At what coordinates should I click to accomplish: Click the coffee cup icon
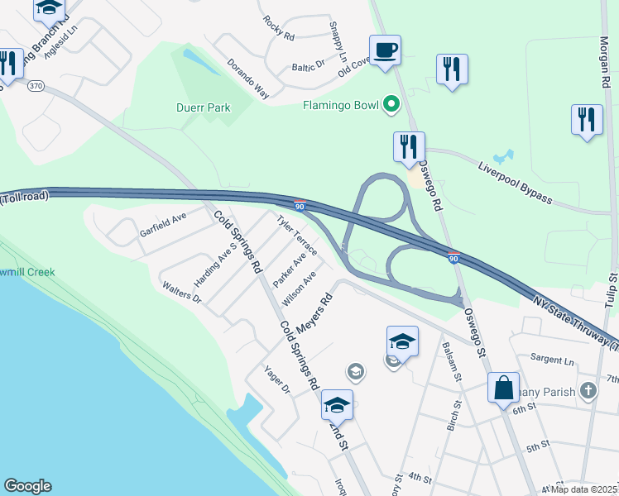click(x=385, y=50)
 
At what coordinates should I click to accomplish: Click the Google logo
click(x=27, y=486)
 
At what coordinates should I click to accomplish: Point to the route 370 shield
click(x=36, y=85)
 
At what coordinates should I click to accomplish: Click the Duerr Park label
click(x=203, y=107)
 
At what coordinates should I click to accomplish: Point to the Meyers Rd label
click(x=314, y=311)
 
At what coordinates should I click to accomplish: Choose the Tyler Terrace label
click(x=297, y=236)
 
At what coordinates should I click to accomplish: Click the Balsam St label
click(x=452, y=361)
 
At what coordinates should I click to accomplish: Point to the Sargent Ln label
click(x=551, y=360)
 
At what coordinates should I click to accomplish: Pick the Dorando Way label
click(x=249, y=79)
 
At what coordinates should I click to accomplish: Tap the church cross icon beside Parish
click(x=588, y=390)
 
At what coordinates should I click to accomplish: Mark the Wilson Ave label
click(x=299, y=286)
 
